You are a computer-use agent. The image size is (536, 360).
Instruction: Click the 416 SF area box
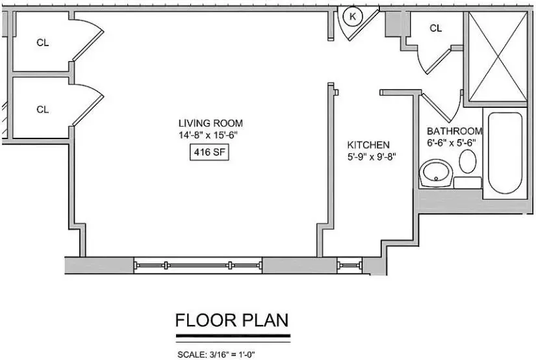pyautogui.click(x=209, y=152)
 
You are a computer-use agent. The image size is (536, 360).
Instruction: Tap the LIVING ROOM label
pyautogui.click(x=211, y=123)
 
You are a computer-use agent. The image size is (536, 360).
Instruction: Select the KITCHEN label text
pyautogui.click(x=368, y=145)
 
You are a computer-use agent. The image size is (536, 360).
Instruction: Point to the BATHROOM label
pyautogui.click(x=455, y=131)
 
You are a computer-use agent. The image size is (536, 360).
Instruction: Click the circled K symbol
pyautogui.click(x=352, y=16)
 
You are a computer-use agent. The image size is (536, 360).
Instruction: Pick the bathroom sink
pyautogui.click(x=436, y=174)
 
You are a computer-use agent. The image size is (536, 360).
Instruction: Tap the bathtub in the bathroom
pyautogui.click(x=505, y=153)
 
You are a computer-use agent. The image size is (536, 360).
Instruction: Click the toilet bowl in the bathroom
pyautogui.click(x=468, y=161)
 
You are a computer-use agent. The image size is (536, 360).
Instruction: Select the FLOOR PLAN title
pyautogui.click(x=232, y=320)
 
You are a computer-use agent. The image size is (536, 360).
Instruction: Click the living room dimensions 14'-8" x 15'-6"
pyautogui.click(x=208, y=135)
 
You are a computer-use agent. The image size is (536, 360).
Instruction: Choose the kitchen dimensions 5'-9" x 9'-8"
pyautogui.click(x=372, y=157)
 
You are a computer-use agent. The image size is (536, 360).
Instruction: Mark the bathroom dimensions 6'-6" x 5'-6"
pyautogui.click(x=452, y=142)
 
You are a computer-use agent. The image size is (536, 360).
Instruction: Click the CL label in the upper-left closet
pyautogui.click(x=43, y=43)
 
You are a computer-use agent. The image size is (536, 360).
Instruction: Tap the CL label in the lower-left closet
pyautogui.click(x=43, y=109)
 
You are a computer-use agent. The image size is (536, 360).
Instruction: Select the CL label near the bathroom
pyautogui.click(x=435, y=28)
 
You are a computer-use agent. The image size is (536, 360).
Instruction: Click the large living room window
pyautogui.click(x=198, y=265)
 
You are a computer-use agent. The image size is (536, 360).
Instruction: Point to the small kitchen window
pyautogui.click(x=350, y=265)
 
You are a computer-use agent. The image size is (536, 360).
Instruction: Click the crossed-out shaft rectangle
pyautogui.click(x=498, y=57)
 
